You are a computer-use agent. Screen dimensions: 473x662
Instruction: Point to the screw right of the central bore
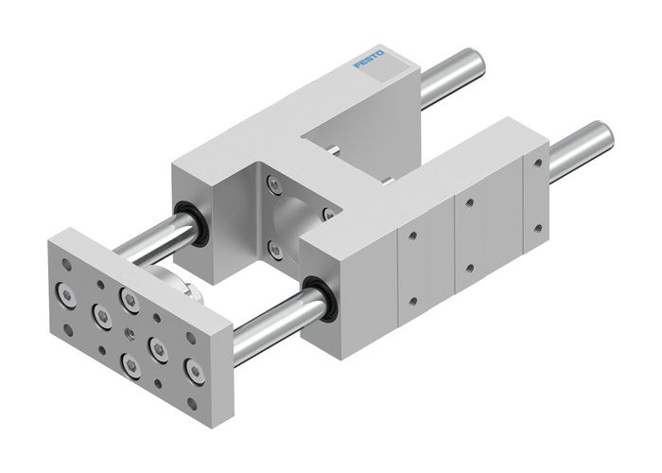tap(327, 217)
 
